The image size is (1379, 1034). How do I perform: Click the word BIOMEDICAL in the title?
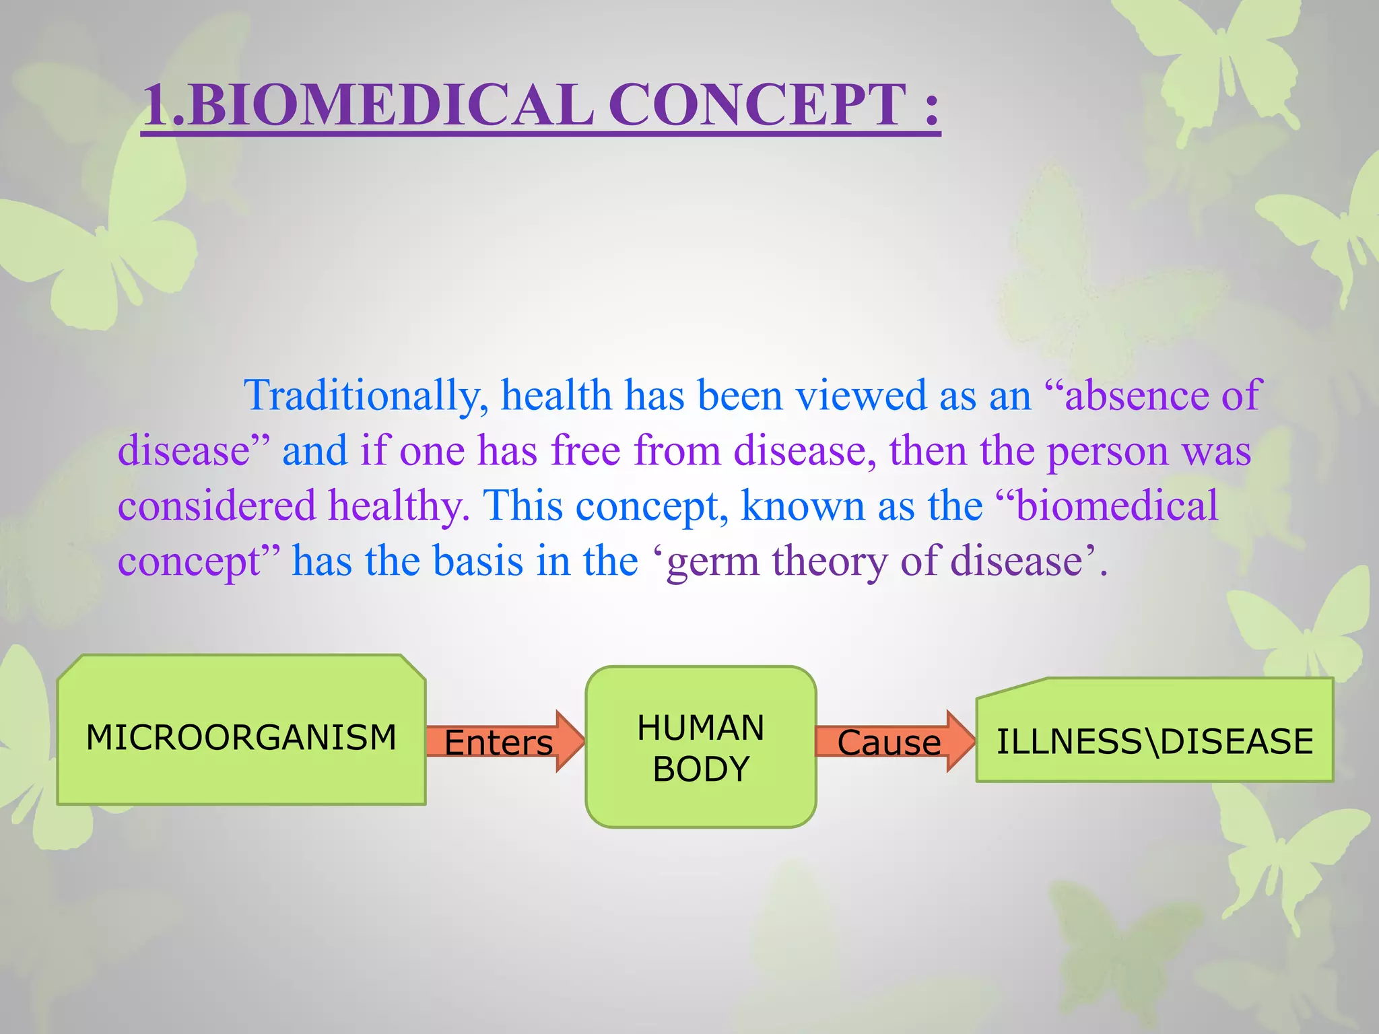[x=391, y=105]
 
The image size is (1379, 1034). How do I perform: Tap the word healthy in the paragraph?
[x=398, y=506]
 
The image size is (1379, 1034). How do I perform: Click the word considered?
[x=216, y=506]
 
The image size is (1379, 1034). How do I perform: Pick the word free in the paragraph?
[x=585, y=450]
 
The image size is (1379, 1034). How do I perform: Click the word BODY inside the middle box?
[x=700, y=769]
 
